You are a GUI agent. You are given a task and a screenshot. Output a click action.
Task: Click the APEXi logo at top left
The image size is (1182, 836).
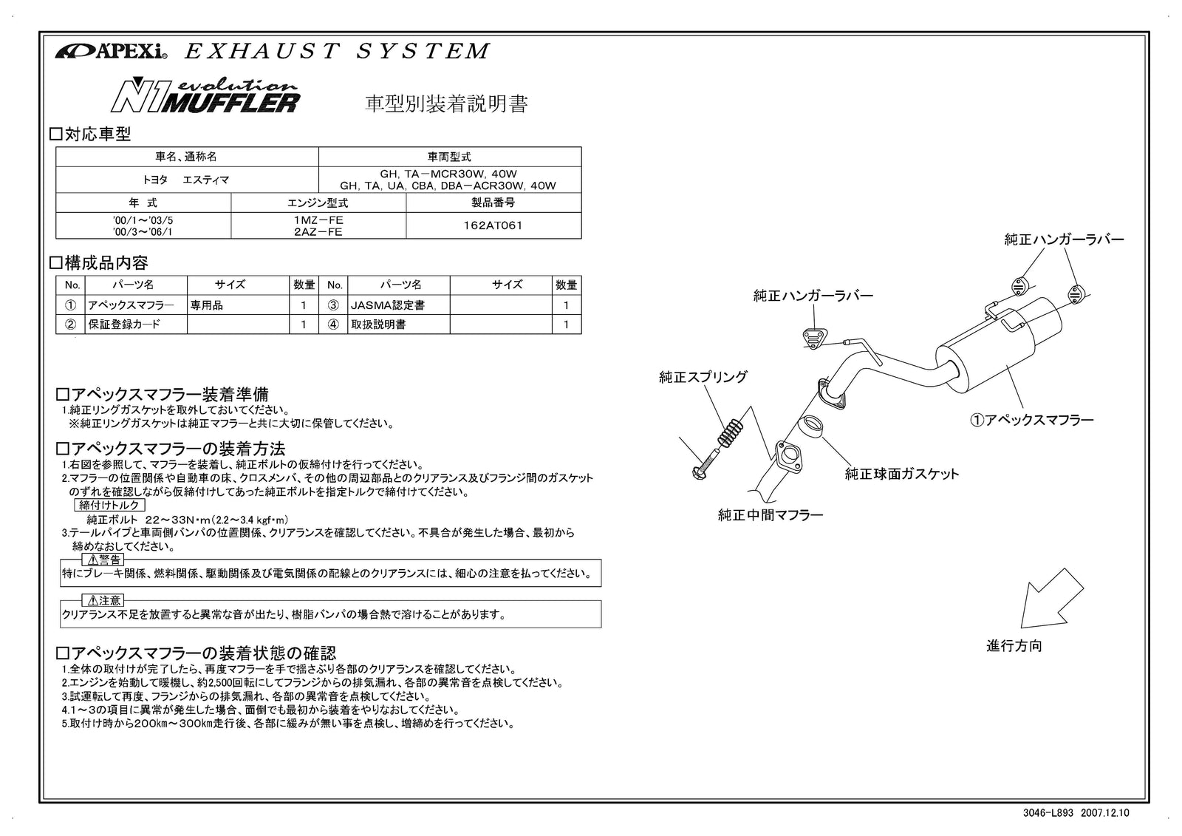click(x=112, y=52)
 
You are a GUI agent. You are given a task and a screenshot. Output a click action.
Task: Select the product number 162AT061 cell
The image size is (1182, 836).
click(x=493, y=225)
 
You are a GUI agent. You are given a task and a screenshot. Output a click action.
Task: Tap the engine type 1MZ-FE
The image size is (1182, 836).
click(x=318, y=220)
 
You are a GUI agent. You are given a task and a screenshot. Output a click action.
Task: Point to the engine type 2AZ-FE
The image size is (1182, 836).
click(x=318, y=232)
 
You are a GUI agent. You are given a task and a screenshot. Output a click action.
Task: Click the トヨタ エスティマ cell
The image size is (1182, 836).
click(x=187, y=180)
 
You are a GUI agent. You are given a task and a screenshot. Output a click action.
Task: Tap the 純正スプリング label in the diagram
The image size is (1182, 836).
click(x=703, y=377)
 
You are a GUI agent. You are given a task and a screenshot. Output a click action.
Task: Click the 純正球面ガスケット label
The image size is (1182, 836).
click(x=901, y=474)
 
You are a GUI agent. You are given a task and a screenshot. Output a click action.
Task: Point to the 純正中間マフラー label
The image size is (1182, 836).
click(x=770, y=515)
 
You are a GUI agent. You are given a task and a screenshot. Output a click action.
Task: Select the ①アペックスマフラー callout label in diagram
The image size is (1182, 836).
click(x=1031, y=421)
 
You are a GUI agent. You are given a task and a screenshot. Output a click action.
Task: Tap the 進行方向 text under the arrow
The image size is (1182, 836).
click(x=1014, y=645)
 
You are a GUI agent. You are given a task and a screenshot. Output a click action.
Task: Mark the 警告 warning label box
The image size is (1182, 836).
click(x=103, y=560)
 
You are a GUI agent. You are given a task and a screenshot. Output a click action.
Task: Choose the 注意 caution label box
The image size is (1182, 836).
click(x=103, y=601)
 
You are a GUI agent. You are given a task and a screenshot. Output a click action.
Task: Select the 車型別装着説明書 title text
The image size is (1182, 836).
click(x=447, y=104)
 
